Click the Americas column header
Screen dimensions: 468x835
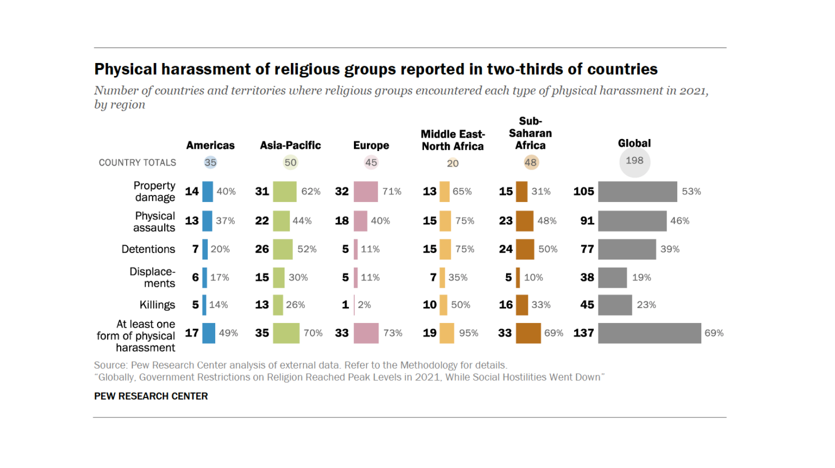point(210,146)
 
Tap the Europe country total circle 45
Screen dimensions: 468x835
point(371,162)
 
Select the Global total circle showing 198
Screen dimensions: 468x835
point(634,161)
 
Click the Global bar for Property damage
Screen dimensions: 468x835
point(637,192)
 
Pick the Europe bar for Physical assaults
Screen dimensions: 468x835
point(360,221)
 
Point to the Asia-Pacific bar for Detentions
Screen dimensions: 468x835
point(283,249)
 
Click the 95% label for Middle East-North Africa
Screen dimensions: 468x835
point(469,333)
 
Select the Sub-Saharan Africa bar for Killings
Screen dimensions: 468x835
point(522,305)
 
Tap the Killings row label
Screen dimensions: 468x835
point(157,305)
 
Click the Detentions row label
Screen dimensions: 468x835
point(148,249)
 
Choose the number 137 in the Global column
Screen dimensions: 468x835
point(583,333)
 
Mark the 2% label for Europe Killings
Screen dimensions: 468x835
point(364,305)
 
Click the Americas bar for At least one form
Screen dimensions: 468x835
point(209,333)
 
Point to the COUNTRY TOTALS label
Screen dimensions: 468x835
point(137,162)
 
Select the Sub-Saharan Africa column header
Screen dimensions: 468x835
point(530,134)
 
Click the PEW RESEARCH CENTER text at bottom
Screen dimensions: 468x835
point(151,396)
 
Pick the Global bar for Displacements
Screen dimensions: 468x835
point(612,277)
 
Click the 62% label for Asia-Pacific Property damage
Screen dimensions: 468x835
point(311,192)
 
